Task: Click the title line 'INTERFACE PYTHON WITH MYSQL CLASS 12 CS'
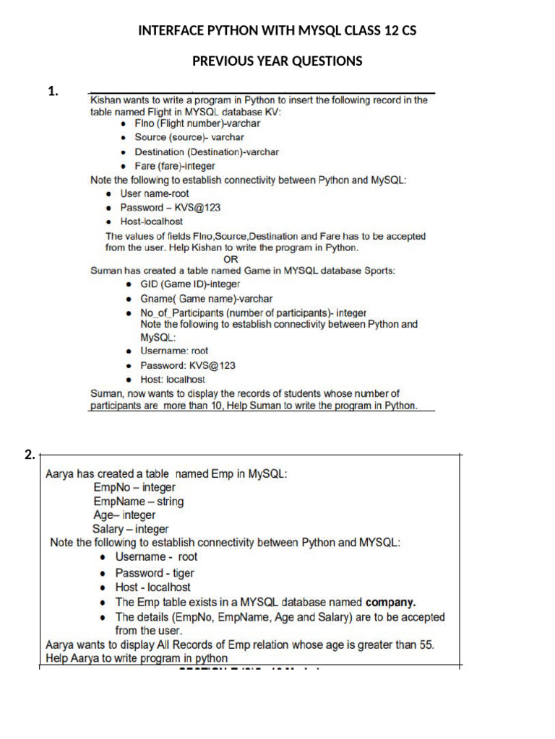277,31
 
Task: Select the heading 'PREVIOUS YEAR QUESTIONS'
277,61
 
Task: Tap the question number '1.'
53,91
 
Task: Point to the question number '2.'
29,455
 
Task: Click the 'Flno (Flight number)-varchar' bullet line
197,123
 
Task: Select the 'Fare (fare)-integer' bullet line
174,166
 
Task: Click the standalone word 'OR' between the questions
231,259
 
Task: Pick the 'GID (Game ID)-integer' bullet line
190,284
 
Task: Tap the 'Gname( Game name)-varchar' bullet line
206,299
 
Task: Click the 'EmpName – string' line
139,502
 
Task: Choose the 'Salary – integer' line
131,529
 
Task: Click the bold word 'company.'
391,602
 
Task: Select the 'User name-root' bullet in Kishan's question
155,194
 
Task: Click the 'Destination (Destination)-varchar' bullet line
206,152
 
